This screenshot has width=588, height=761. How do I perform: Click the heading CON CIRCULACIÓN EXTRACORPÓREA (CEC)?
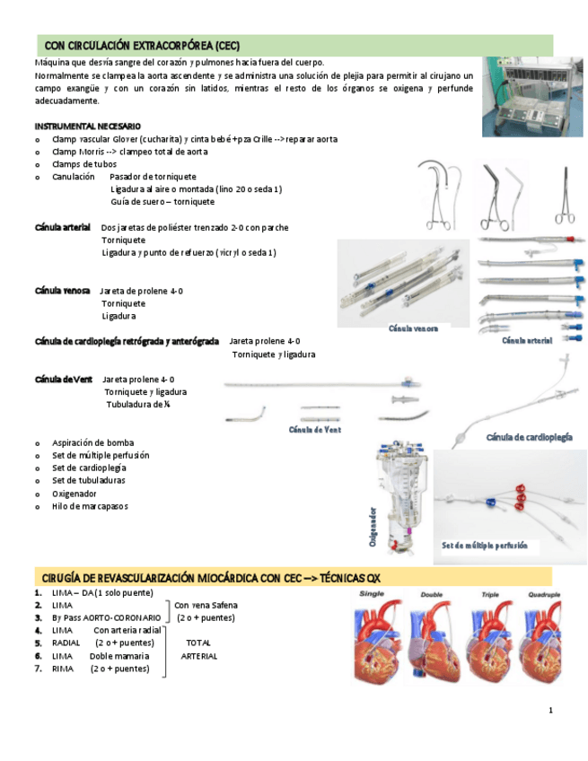click(x=142, y=46)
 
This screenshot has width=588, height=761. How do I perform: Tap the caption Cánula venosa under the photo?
click(x=413, y=328)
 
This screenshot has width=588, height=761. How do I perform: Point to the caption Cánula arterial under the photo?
click(x=527, y=340)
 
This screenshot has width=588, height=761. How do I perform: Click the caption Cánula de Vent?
click(x=314, y=430)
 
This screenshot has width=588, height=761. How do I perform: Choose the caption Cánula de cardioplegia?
click(x=530, y=437)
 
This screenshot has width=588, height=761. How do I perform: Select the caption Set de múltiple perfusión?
click(x=485, y=546)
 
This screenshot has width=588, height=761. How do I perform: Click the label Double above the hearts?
click(x=431, y=594)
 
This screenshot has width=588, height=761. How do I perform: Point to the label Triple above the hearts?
click(x=489, y=594)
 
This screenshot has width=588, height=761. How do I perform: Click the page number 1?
click(x=550, y=711)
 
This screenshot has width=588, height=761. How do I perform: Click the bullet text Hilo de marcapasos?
click(x=90, y=506)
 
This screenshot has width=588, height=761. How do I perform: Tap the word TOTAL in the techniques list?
click(x=198, y=643)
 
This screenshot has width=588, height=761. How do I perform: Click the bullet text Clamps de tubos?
click(x=84, y=164)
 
